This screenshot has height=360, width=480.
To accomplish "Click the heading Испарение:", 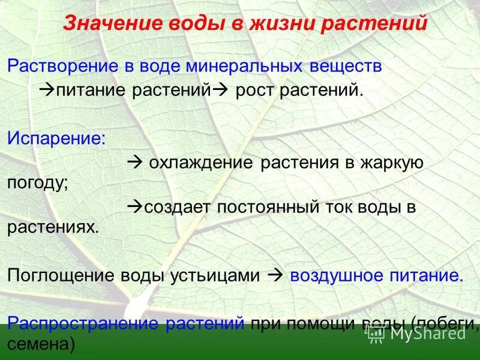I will tap(56, 138).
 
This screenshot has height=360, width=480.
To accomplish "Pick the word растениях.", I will tap(52, 227).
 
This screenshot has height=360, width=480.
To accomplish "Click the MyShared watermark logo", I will tap(417, 334).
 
